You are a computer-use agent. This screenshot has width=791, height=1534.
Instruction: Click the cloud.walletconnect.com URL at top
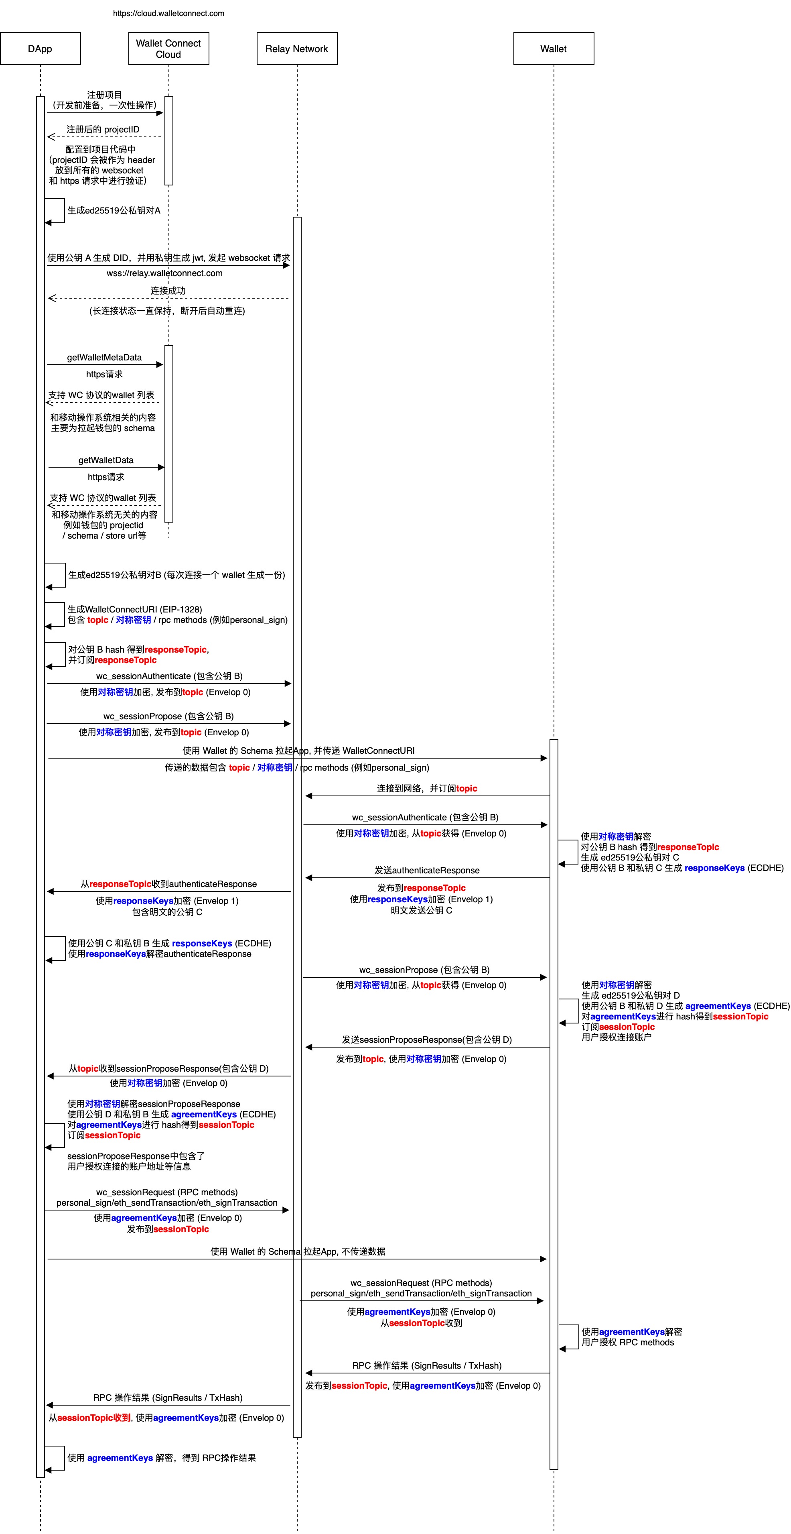point(168,13)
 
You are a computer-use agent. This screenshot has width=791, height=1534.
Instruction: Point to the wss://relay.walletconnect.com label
point(165,273)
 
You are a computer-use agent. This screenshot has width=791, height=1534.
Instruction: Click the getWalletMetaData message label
point(104,357)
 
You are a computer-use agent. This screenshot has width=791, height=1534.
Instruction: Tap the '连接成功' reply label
point(168,291)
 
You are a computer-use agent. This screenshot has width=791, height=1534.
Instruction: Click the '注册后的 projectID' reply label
point(103,129)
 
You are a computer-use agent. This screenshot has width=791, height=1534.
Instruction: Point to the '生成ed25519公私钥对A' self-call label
point(114,210)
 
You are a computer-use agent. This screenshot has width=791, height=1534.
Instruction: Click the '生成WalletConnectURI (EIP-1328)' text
point(134,609)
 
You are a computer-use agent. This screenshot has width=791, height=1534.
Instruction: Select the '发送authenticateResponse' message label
point(427,870)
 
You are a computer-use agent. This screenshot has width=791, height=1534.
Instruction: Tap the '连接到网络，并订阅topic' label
point(427,788)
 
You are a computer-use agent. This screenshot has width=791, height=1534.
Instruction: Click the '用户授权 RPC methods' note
point(627,1342)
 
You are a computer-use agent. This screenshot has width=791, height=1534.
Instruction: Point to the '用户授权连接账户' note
point(616,1037)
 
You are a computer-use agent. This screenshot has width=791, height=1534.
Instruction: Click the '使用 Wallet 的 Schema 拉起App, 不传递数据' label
point(298,1251)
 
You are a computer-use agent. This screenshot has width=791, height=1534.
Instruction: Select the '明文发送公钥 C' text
point(422,910)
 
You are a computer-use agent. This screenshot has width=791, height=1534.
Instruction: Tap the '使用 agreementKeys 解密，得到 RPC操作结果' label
point(161,1458)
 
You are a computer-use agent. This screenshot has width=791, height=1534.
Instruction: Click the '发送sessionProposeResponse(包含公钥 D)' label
point(427,1039)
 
